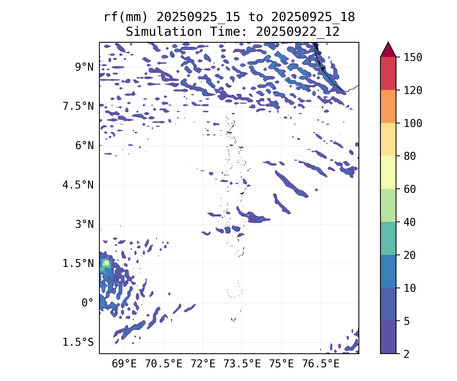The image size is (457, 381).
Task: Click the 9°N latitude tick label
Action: tap(84, 67)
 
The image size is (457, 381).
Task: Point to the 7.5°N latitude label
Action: tap(78, 106)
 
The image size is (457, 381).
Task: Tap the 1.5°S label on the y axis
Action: tap(78, 342)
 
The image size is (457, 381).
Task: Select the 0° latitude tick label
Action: tap(88, 303)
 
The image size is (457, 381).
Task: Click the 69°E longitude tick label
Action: tap(124, 364)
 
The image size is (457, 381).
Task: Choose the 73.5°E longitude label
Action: tap(242, 364)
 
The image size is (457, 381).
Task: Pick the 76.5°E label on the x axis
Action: tap(321, 364)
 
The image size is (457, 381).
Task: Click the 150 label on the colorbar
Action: tap(413, 57)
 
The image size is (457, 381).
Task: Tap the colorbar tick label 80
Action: tap(410, 156)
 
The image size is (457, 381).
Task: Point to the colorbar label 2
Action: tap(407, 354)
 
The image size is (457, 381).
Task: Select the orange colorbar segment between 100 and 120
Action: tap(388, 106)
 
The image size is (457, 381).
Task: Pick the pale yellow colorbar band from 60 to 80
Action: tap(388, 172)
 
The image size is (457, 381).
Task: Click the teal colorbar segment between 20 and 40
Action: tap(388, 238)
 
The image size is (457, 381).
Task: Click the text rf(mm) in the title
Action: tap(126, 17)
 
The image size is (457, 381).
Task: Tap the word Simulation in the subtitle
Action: tap(164, 32)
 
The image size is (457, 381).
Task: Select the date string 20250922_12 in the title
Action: tap(298, 32)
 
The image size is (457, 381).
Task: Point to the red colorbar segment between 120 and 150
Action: tap(388, 73)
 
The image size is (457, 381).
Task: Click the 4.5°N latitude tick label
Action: tap(78, 185)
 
